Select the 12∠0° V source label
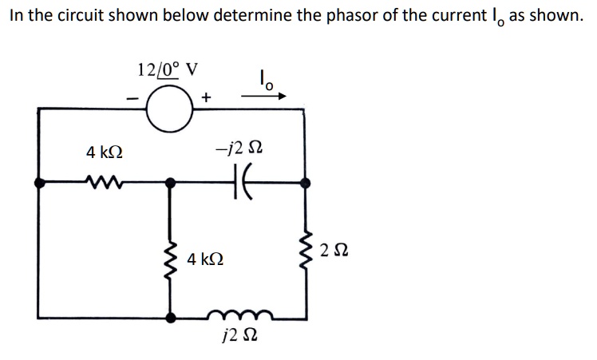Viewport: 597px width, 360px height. pyautogui.click(x=167, y=69)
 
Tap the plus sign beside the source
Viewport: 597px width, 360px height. pyautogui.click(x=207, y=97)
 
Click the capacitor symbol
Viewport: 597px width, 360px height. pyautogui.click(x=239, y=182)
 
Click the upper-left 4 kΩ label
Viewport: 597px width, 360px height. pyautogui.click(x=105, y=151)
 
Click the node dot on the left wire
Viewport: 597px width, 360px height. pyautogui.click(x=40, y=183)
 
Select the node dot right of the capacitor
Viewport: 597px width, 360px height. pyautogui.click(x=304, y=182)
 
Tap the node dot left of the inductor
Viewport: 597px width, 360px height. pyautogui.click(x=169, y=317)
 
